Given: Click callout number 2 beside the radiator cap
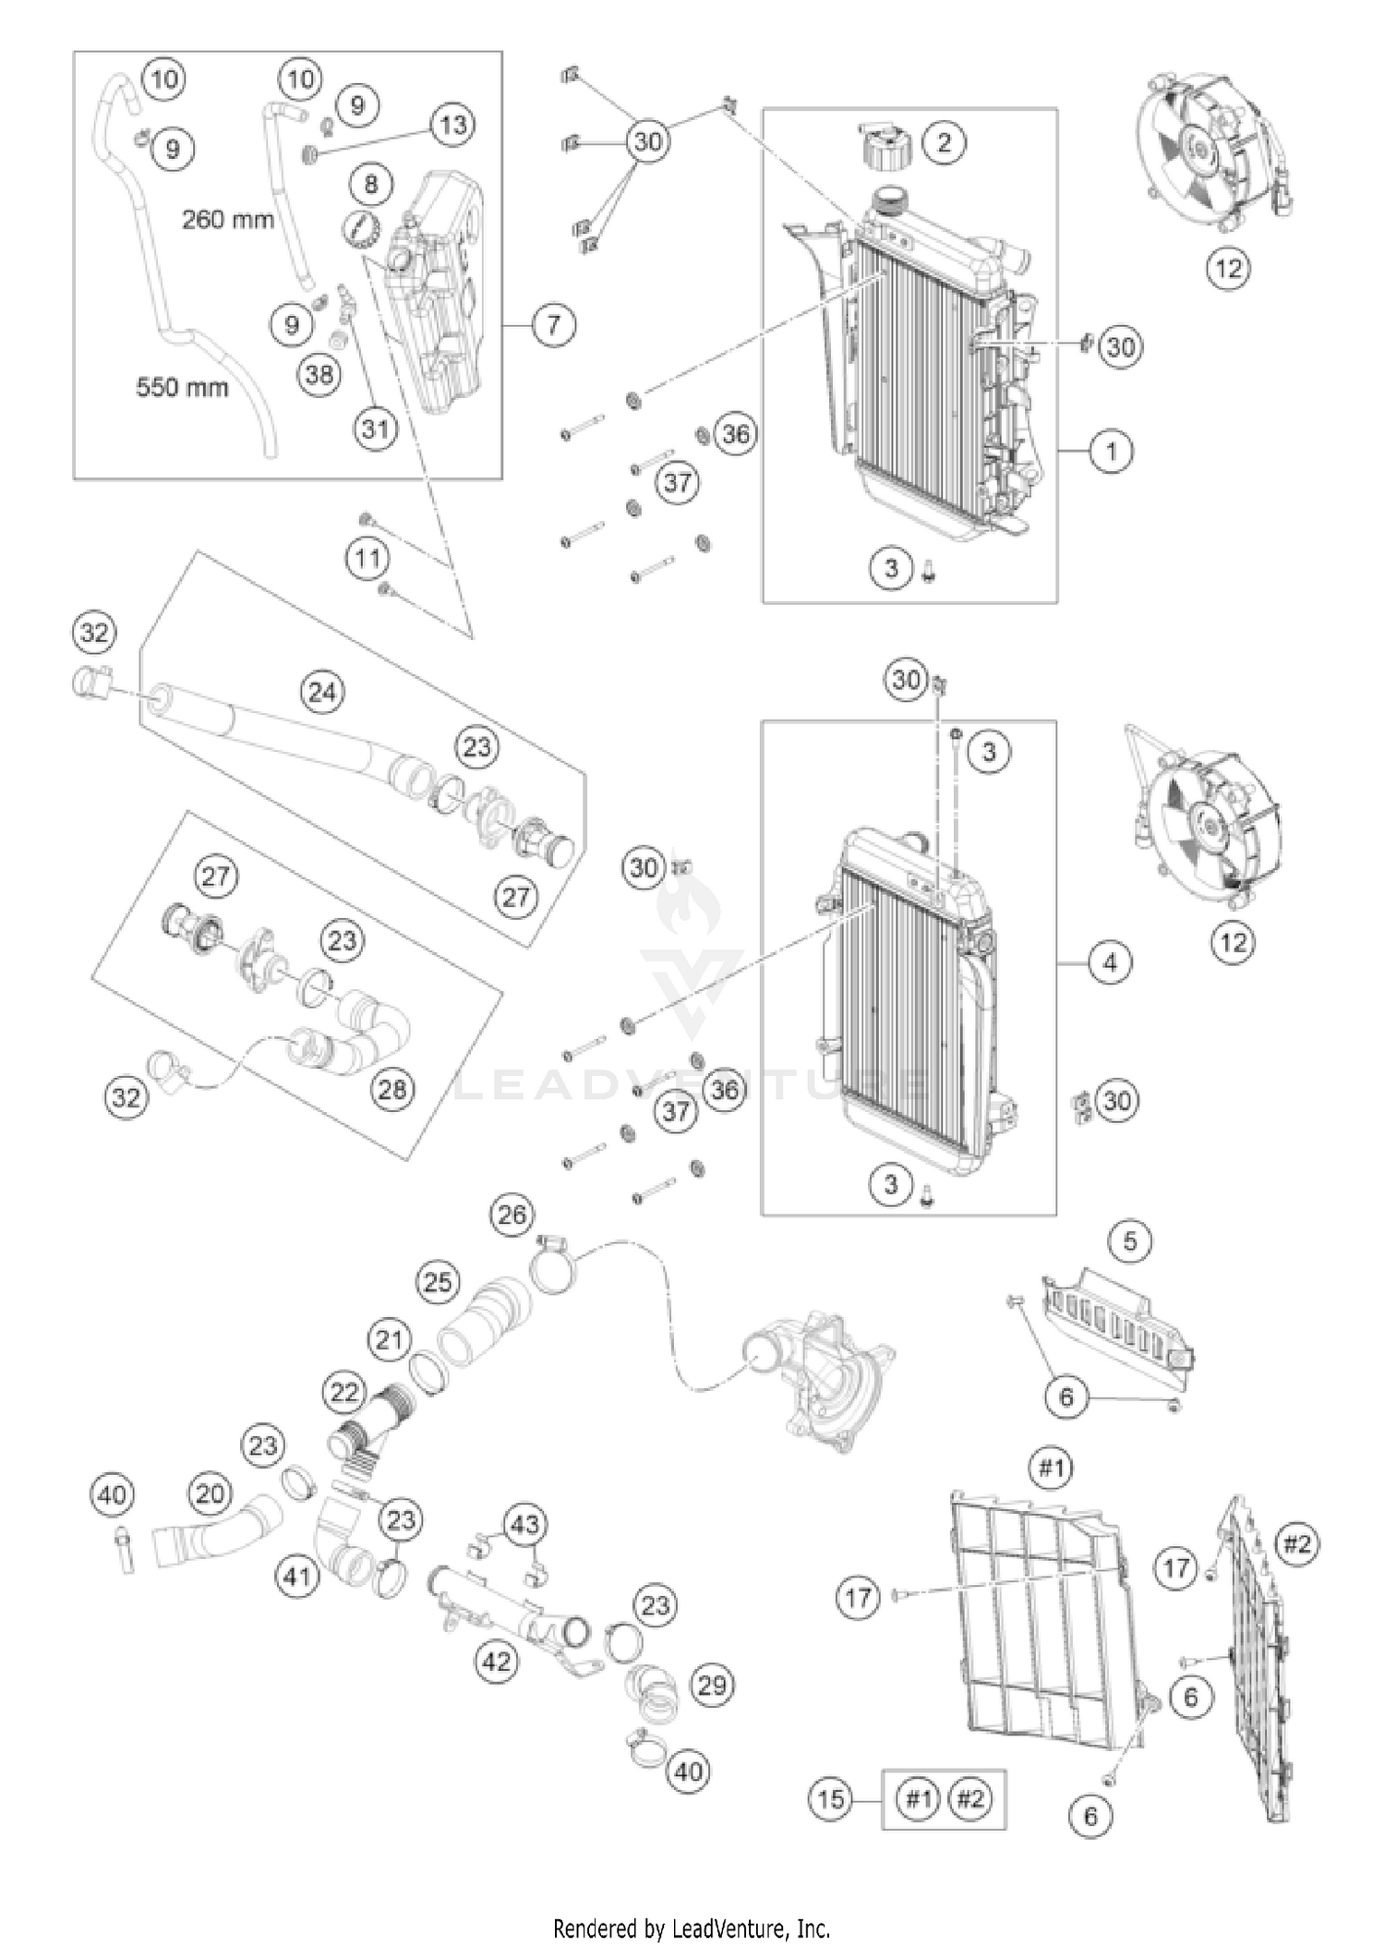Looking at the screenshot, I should (944, 142).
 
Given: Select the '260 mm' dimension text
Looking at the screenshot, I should (227, 220).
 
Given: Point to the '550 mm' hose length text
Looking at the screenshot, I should (182, 387).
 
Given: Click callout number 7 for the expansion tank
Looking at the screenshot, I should (553, 325).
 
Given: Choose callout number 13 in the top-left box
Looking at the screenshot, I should (453, 125).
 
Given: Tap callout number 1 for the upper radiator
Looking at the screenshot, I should (1111, 452).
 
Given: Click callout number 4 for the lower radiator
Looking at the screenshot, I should (1110, 963).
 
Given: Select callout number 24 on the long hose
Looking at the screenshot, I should (322, 692).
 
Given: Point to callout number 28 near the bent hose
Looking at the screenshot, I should (392, 1089).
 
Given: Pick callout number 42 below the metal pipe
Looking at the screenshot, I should (497, 1663).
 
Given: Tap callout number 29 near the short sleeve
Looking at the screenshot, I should (712, 1686).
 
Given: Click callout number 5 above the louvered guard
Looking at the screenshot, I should (1131, 1242).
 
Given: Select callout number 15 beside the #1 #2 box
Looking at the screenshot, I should (831, 1798).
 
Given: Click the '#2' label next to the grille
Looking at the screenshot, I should (1297, 1543).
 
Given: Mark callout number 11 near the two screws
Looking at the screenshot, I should (368, 558).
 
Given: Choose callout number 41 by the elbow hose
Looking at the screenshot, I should (297, 1577).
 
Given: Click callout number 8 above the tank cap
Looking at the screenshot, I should (371, 184).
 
